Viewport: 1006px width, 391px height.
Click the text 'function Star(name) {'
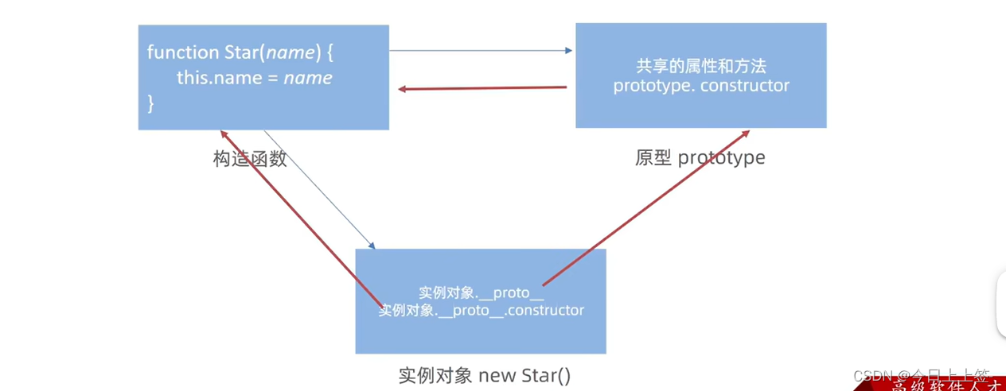[240, 52]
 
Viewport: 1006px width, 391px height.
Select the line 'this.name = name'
[254, 78]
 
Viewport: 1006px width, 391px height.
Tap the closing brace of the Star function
[150, 103]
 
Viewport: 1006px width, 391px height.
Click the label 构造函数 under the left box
[250, 159]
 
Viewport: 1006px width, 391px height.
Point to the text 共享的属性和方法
[701, 66]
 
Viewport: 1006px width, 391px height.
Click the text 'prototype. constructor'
[701, 86]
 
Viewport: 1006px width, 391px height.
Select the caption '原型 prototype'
[700, 157]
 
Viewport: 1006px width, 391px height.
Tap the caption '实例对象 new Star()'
[484, 375]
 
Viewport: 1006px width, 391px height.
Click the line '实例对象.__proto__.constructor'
[481, 310]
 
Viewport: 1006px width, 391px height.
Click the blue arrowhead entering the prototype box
[568, 51]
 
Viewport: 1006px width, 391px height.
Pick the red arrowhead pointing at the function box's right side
[403, 89]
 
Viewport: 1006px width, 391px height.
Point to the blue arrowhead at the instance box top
[371, 246]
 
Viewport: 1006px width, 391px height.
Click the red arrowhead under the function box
[224, 135]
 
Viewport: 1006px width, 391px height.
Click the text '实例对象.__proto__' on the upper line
[481, 292]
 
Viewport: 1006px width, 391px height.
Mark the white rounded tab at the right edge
[1000, 303]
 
